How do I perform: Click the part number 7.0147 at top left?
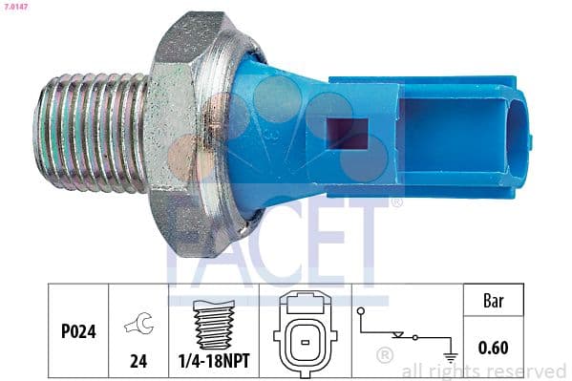tap(17, 8)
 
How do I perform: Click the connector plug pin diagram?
tap(306, 333)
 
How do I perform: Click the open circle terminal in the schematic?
tap(360, 311)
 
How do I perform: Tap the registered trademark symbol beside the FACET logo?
tap(396, 202)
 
